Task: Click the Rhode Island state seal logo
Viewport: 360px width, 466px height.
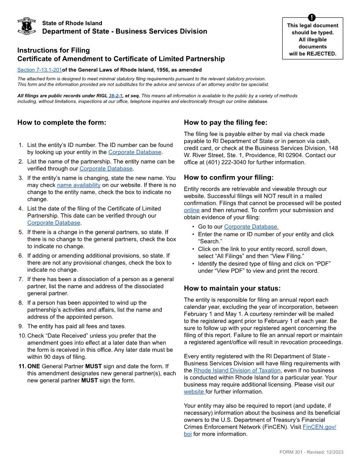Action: [x=26, y=26]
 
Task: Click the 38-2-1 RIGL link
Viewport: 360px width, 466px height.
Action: [x=115, y=96]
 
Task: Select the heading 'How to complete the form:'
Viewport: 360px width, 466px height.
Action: [x=62, y=123]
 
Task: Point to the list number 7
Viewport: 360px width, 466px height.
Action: [x=21, y=279]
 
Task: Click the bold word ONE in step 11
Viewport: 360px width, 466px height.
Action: [x=34, y=366]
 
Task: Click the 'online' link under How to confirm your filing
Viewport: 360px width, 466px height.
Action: [x=191, y=210]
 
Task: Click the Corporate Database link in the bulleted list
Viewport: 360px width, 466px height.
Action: [x=251, y=227]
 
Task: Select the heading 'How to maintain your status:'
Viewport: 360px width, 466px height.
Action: [x=232, y=289]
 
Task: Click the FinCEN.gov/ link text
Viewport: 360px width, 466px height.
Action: [x=319, y=427]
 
